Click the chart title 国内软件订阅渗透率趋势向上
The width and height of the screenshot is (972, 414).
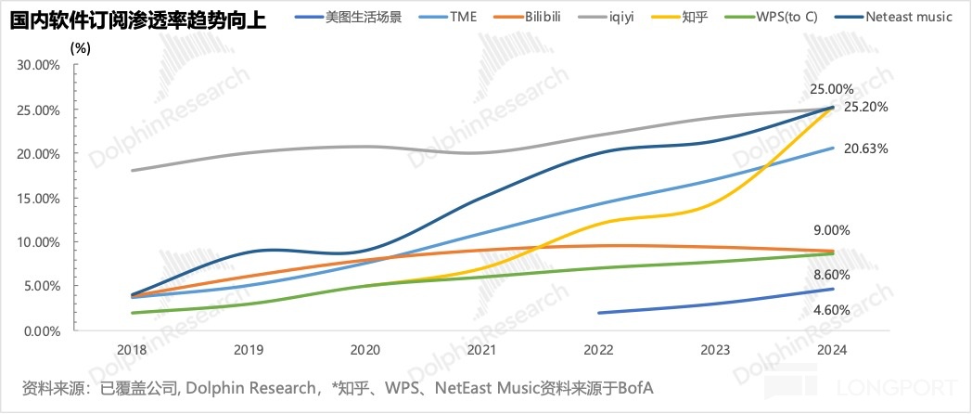[137, 19]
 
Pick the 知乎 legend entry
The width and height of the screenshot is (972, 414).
[695, 17]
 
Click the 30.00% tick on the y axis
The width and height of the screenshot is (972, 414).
[39, 65]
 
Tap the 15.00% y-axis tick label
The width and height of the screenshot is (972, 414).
[39, 198]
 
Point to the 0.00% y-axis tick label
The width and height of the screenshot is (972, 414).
[42, 330]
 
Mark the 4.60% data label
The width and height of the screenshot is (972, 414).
[831, 310]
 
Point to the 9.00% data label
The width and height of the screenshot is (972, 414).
[831, 230]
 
